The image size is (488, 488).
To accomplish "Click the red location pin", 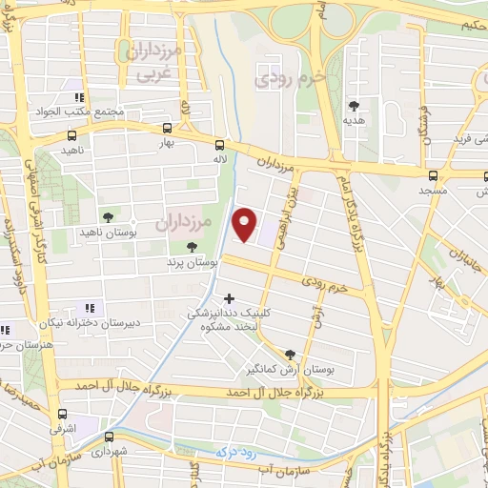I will click(245, 224).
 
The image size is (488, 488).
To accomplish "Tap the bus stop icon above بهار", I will click(168, 127).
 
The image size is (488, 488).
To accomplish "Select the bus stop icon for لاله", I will click(220, 145).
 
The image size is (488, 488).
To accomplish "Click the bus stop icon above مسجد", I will click(434, 175).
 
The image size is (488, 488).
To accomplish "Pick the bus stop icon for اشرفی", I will click(63, 415).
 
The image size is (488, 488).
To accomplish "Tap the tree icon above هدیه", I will click(355, 106).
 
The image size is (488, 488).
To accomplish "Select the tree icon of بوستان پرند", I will click(193, 247).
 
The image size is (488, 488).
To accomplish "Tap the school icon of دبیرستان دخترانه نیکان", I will click(91, 308).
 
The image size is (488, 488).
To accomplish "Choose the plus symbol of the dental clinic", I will click(229, 298).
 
